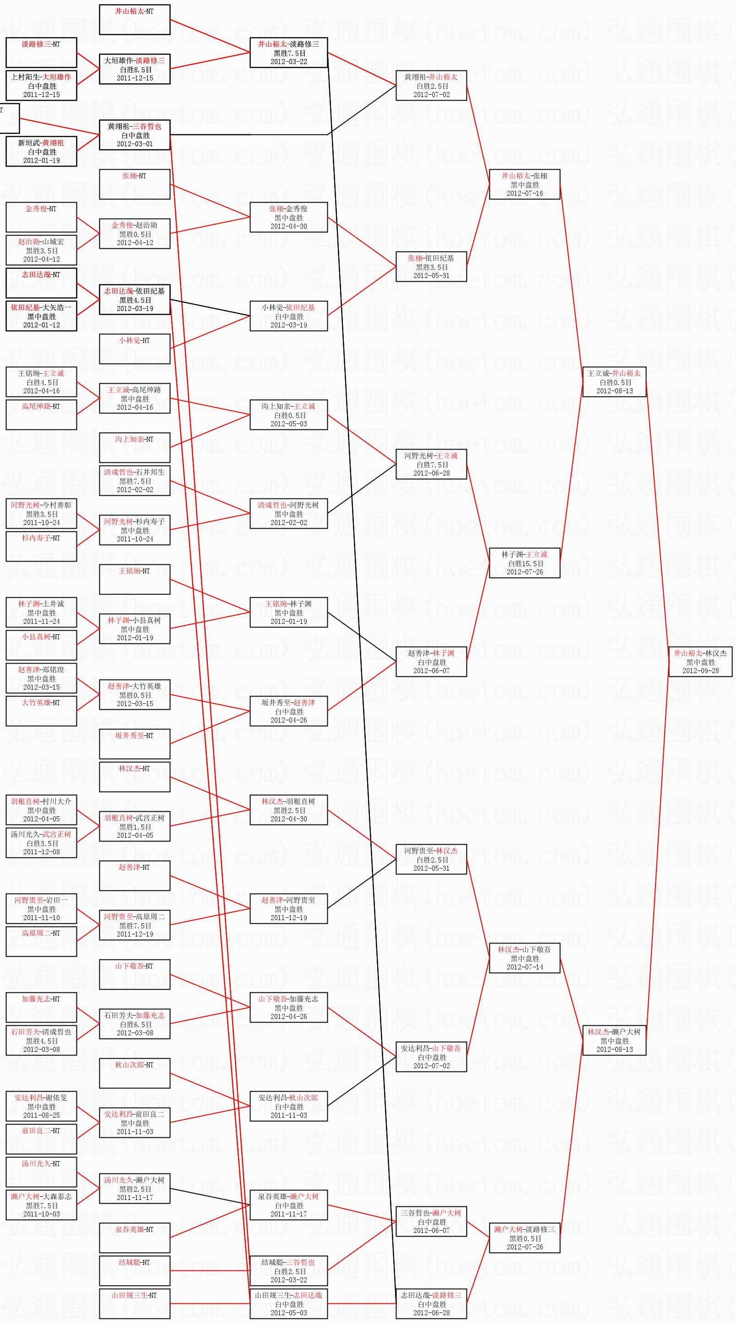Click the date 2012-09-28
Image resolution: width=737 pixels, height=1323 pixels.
tap(700, 671)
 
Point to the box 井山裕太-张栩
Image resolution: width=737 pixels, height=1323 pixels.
tap(524, 184)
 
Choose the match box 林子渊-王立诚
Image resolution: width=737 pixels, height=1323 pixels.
tap(524, 563)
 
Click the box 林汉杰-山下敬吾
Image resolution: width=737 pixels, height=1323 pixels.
tap(524, 958)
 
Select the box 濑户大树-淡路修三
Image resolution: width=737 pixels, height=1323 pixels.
tap(524, 1238)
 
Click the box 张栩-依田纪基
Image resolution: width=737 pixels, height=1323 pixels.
tap(431, 267)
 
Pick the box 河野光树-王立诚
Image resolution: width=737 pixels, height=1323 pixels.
tap(431, 464)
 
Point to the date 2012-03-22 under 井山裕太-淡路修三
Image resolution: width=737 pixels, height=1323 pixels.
tap(288, 62)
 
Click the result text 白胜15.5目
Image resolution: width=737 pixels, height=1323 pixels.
tap(524, 563)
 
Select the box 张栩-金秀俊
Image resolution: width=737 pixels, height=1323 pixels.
tap(288, 217)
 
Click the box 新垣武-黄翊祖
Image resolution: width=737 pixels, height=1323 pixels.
tap(41, 151)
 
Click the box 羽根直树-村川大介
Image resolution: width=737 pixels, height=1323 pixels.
tap(41, 810)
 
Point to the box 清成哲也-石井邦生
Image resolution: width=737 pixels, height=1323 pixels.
tap(134, 480)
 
